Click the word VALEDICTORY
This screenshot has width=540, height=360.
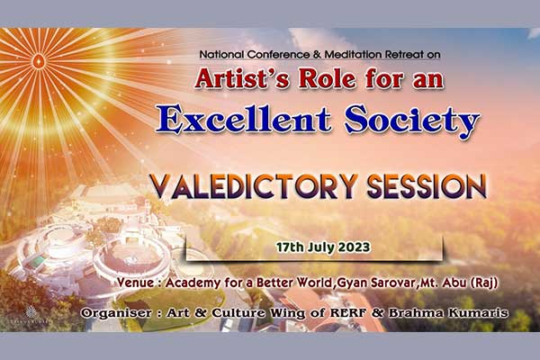click(253, 186)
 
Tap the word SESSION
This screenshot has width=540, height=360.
click(427, 186)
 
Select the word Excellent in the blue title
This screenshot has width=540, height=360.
click(243, 119)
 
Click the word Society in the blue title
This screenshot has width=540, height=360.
click(412, 121)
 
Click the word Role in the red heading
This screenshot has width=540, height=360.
click(328, 79)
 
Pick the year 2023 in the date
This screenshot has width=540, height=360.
click(354, 247)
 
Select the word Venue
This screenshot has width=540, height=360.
click(135, 283)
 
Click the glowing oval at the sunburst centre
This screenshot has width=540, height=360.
click(38, 62)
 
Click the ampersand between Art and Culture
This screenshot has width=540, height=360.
click(200, 313)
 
